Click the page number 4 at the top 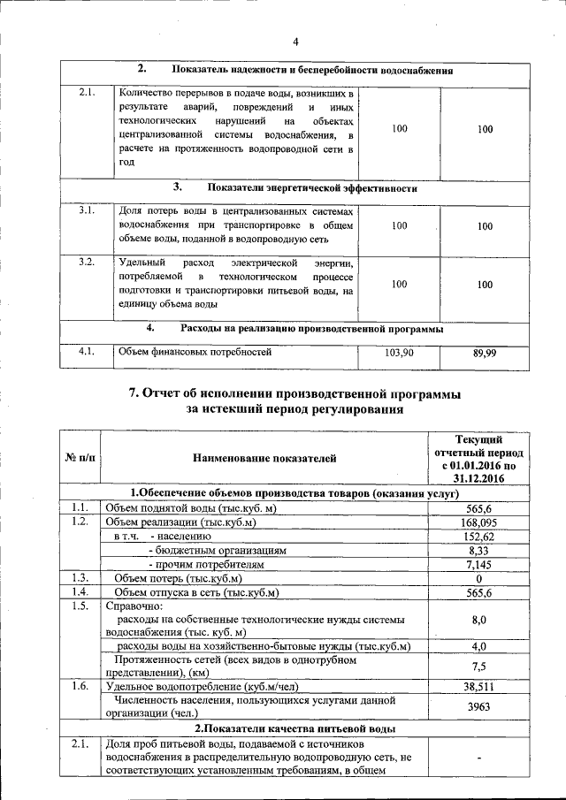[x=295, y=41]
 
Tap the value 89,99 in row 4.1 [x=484, y=354]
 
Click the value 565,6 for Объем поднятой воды [x=478, y=508]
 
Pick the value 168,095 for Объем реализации [x=478, y=522]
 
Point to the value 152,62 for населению [x=478, y=537]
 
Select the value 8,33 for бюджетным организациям [x=478, y=551]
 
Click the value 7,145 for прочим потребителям [x=478, y=564]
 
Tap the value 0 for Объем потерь [x=478, y=578]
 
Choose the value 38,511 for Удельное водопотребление [x=478, y=685]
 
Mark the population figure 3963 [x=478, y=706]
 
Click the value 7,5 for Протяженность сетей [x=478, y=666]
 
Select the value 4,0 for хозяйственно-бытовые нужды [x=478, y=646]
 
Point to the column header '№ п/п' [x=80, y=458]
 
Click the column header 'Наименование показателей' [x=264, y=458]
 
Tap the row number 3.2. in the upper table [x=87, y=263]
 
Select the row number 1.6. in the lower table [x=80, y=686]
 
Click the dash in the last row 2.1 [x=478, y=758]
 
